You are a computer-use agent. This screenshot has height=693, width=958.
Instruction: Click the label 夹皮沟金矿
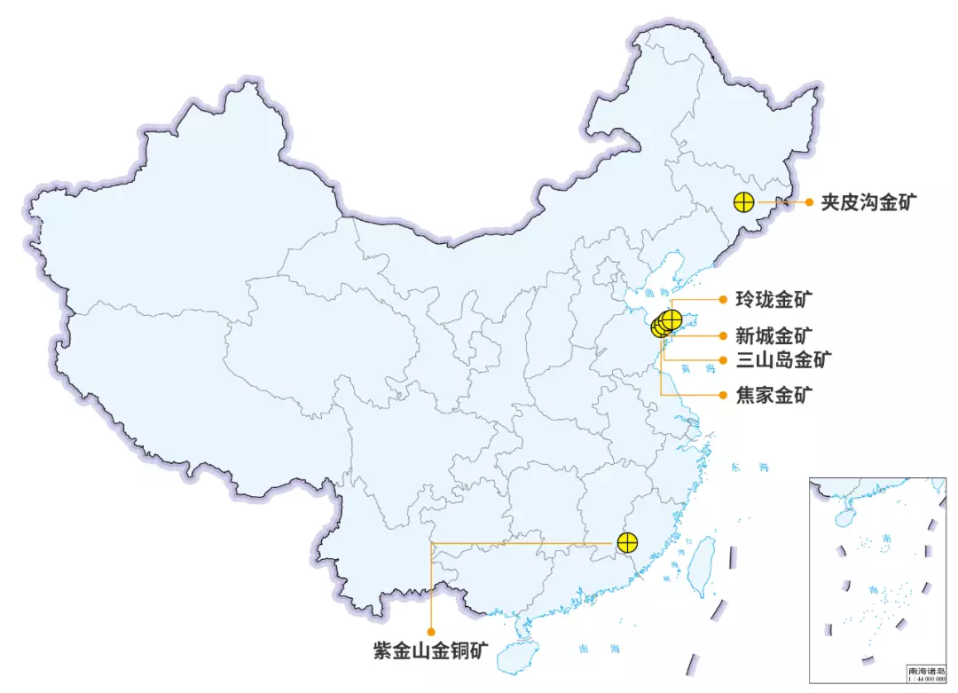[868, 202]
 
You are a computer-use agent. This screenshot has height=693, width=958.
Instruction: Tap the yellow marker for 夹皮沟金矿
[744, 202]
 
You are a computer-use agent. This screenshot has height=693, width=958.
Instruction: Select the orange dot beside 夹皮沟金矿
[809, 202]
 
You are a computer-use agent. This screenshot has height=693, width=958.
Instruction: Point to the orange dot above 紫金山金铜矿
[431, 632]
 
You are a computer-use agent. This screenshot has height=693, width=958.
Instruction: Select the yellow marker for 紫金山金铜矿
[627, 542]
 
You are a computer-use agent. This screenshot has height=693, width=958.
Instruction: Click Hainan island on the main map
[516, 658]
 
